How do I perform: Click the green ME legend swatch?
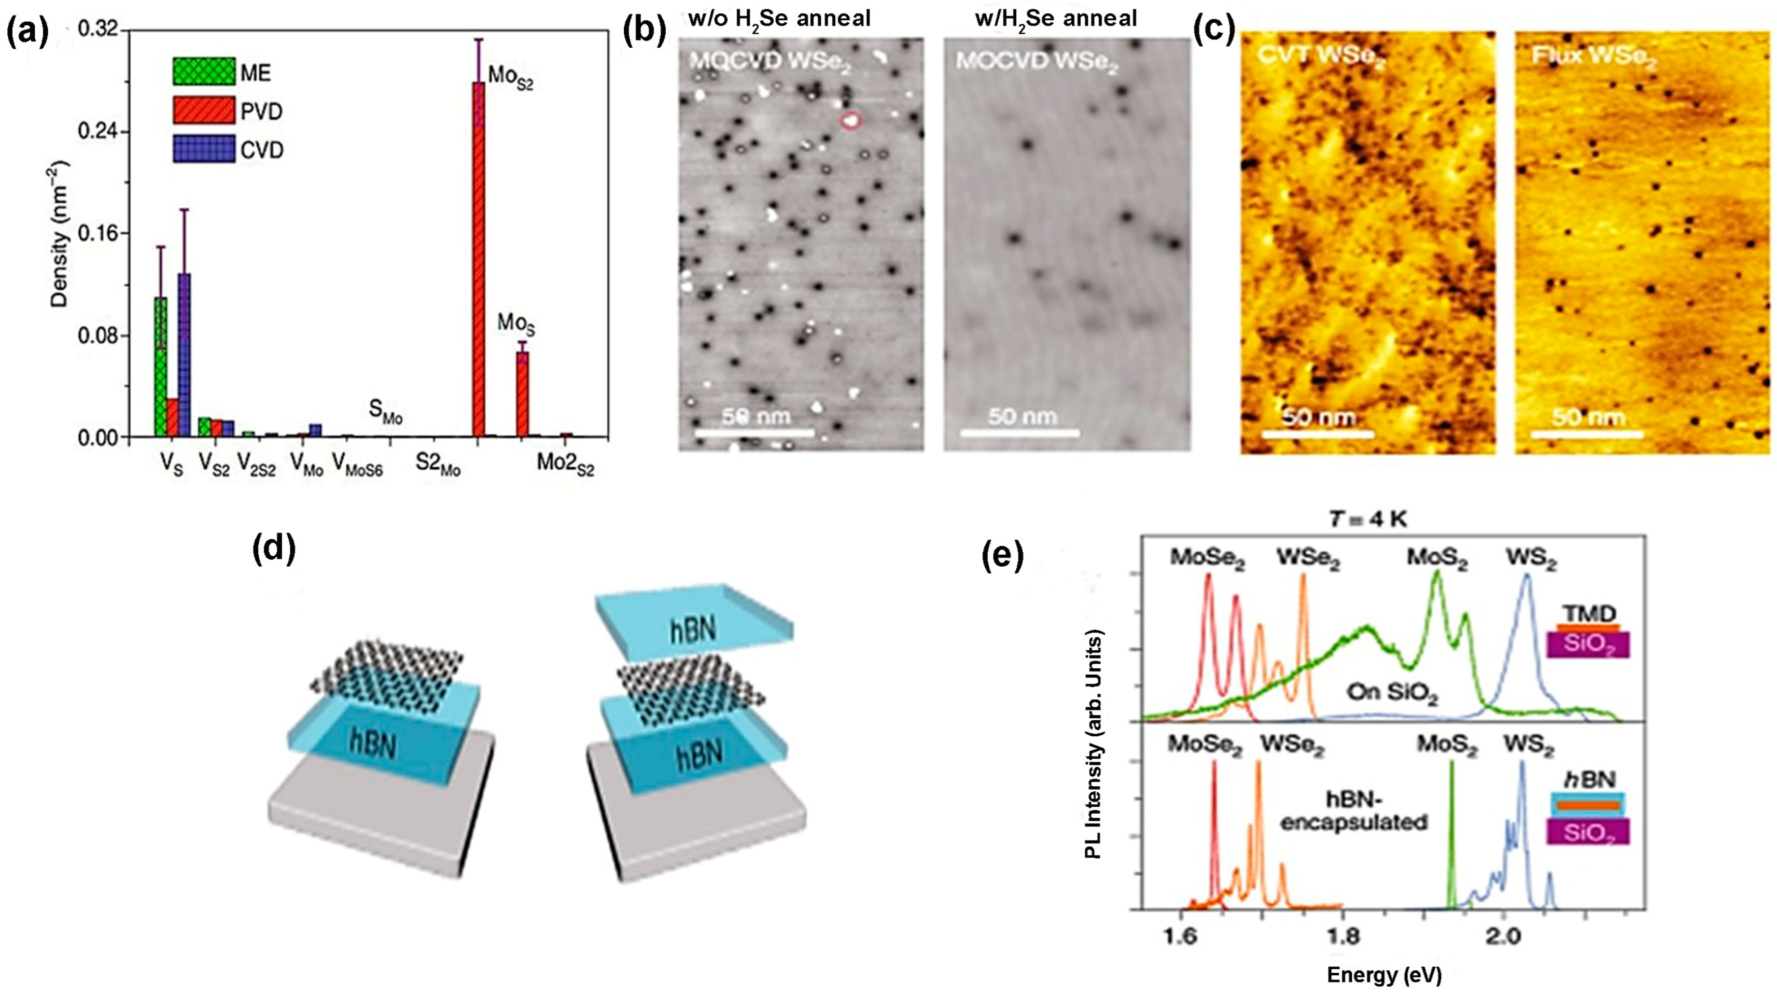tap(194, 72)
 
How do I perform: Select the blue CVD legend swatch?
tap(194, 149)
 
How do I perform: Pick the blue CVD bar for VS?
tap(184, 355)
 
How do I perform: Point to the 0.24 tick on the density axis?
tap(96, 131)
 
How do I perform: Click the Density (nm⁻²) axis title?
tap(61, 234)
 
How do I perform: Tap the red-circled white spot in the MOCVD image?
tap(851, 121)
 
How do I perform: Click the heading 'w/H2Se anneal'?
tap(1055, 19)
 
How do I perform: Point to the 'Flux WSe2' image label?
tap(1593, 57)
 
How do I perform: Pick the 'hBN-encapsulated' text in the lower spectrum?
tap(1353, 810)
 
